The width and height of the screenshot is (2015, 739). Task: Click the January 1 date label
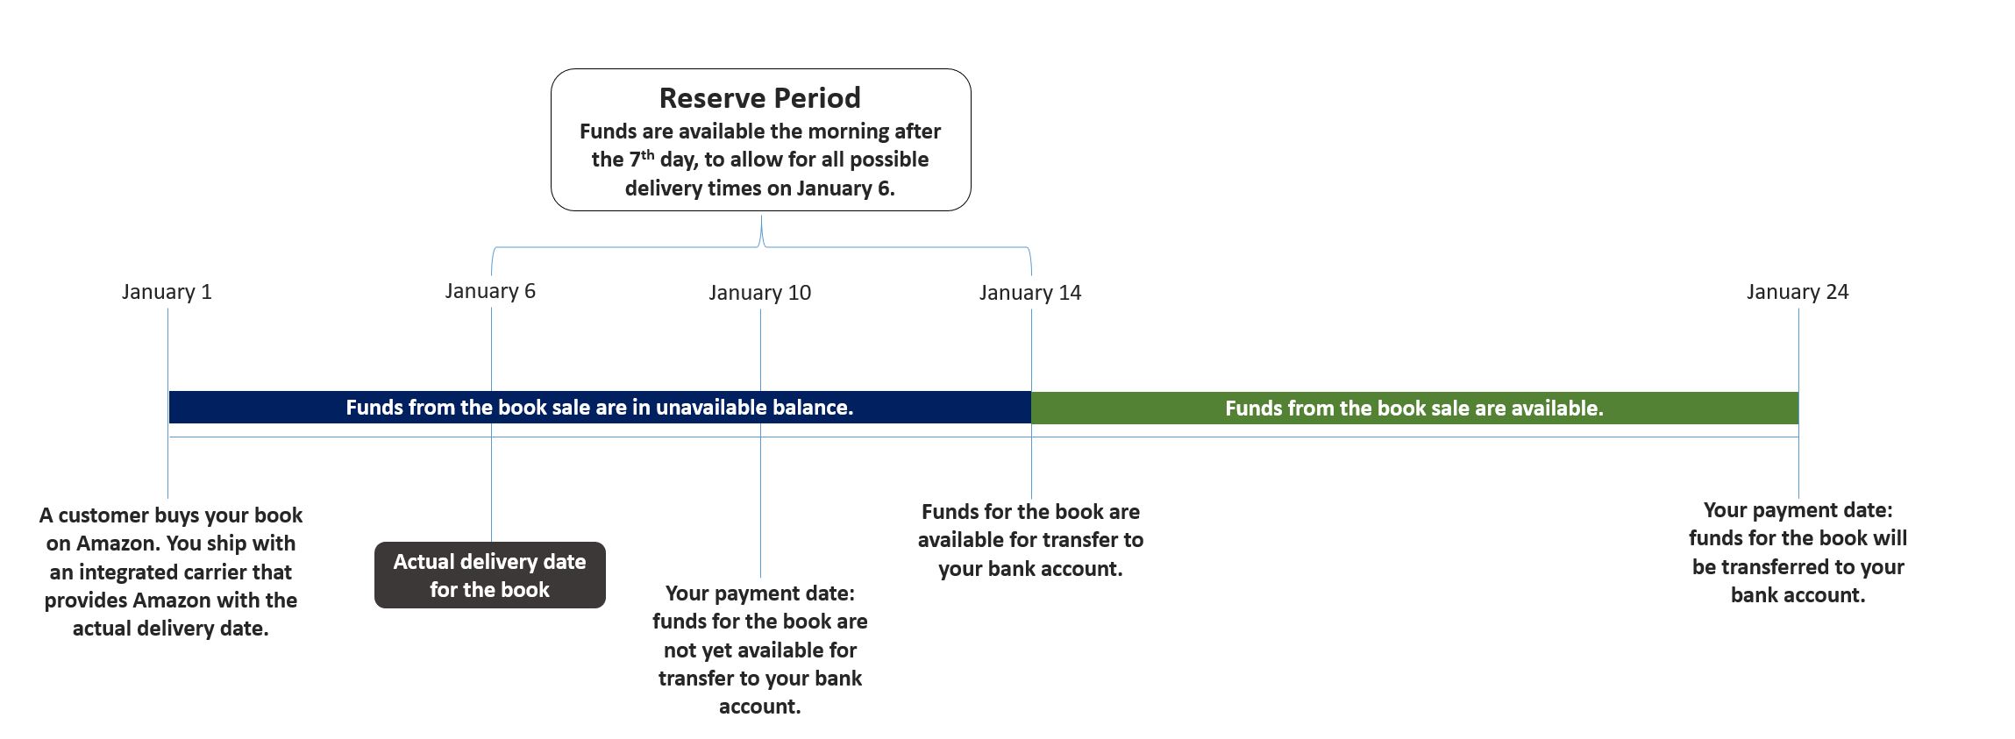coord(167,292)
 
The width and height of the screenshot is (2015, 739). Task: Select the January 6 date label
coord(490,291)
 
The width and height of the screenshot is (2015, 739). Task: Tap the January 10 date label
coord(760,293)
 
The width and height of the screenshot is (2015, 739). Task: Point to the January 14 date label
coord(1030,293)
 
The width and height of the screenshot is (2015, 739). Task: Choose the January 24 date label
coord(1798,292)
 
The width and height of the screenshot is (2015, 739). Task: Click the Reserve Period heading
coord(760,97)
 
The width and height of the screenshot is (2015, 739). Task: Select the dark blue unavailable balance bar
coord(600,408)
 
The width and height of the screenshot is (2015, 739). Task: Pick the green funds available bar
coord(1414,409)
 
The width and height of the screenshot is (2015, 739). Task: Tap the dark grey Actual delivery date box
coord(490,575)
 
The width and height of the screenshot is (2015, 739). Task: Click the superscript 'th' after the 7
coord(647,154)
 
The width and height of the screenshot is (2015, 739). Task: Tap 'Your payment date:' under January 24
coord(1798,510)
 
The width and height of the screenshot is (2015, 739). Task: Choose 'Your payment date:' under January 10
coord(760,593)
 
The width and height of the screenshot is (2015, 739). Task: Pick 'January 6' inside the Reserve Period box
coord(844,188)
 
